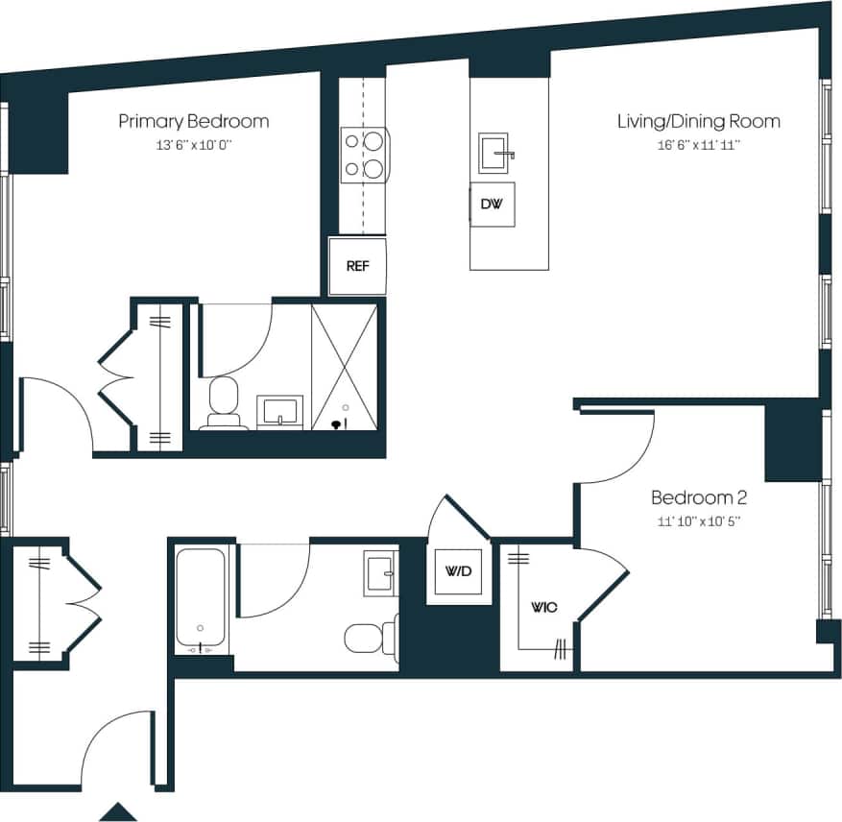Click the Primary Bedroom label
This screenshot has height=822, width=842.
pyautogui.click(x=193, y=122)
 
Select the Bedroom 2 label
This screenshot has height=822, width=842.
pyautogui.click(x=699, y=498)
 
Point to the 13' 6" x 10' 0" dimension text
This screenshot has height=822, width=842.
pyautogui.click(x=193, y=145)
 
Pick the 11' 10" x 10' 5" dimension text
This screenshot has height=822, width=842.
pyautogui.click(x=698, y=521)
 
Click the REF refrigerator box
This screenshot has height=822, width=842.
pyautogui.click(x=357, y=266)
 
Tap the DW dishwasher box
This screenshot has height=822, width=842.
pyautogui.click(x=492, y=205)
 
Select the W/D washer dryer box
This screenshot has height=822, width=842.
pyautogui.click(x=458, y=572)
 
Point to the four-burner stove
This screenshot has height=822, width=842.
pyautogui.click(x=365, y=155)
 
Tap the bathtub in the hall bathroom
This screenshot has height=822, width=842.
pyautogui.click(x=201, y=598)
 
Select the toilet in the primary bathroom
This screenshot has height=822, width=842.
pyautogui.click(x=224, y=401)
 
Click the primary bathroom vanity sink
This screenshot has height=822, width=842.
pyautogui.click(x=279, y=411)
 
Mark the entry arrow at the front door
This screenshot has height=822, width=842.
pyautogui.click(x=119, y=811)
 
